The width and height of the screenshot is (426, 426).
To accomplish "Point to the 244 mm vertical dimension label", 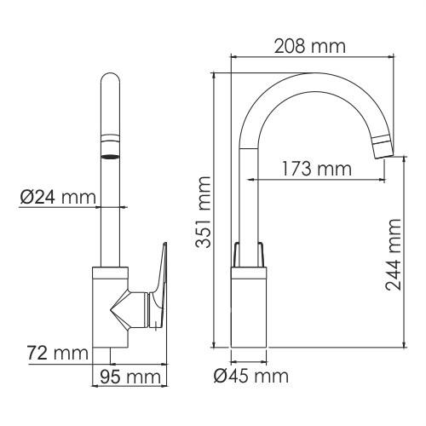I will point(393,255).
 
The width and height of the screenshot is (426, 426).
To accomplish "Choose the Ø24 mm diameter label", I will point(56,198).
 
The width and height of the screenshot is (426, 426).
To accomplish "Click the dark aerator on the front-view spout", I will point(109,156).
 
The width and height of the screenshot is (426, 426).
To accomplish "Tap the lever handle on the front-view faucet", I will point(159,285).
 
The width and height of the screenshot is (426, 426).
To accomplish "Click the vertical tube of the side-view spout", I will point(248,196).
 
